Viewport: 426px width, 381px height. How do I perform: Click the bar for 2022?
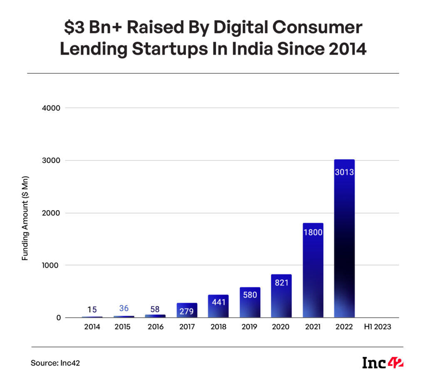pyautogui.click(x=344, y=242)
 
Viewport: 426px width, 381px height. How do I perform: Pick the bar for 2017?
pyautogui.click(x=187, y=311)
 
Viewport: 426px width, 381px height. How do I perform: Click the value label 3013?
pyautogui.click(x=344, y=172)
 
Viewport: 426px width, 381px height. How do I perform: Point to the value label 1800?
pyautogui.click(x=313, y=232)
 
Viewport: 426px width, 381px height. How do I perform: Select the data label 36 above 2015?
pyautogui.click(x=124, y=309)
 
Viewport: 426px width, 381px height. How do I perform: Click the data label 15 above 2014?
pyautogui.click(x=92, y=309)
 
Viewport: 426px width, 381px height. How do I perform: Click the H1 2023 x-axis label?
pyautogui.click(x=376, y=327)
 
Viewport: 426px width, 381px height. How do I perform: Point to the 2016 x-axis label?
pyautogui.click(x=155, y=327)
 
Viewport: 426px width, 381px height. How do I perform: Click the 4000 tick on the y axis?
pyautogui.click(x=52, y=108)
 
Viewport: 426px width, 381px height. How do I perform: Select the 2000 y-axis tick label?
pyautogui.click(x=52, y=213)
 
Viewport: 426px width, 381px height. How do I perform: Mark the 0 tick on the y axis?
pyautogui.click(x=59, y=318)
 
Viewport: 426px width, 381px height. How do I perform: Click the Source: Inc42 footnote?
pyautogui.click(x=55, y=363)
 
